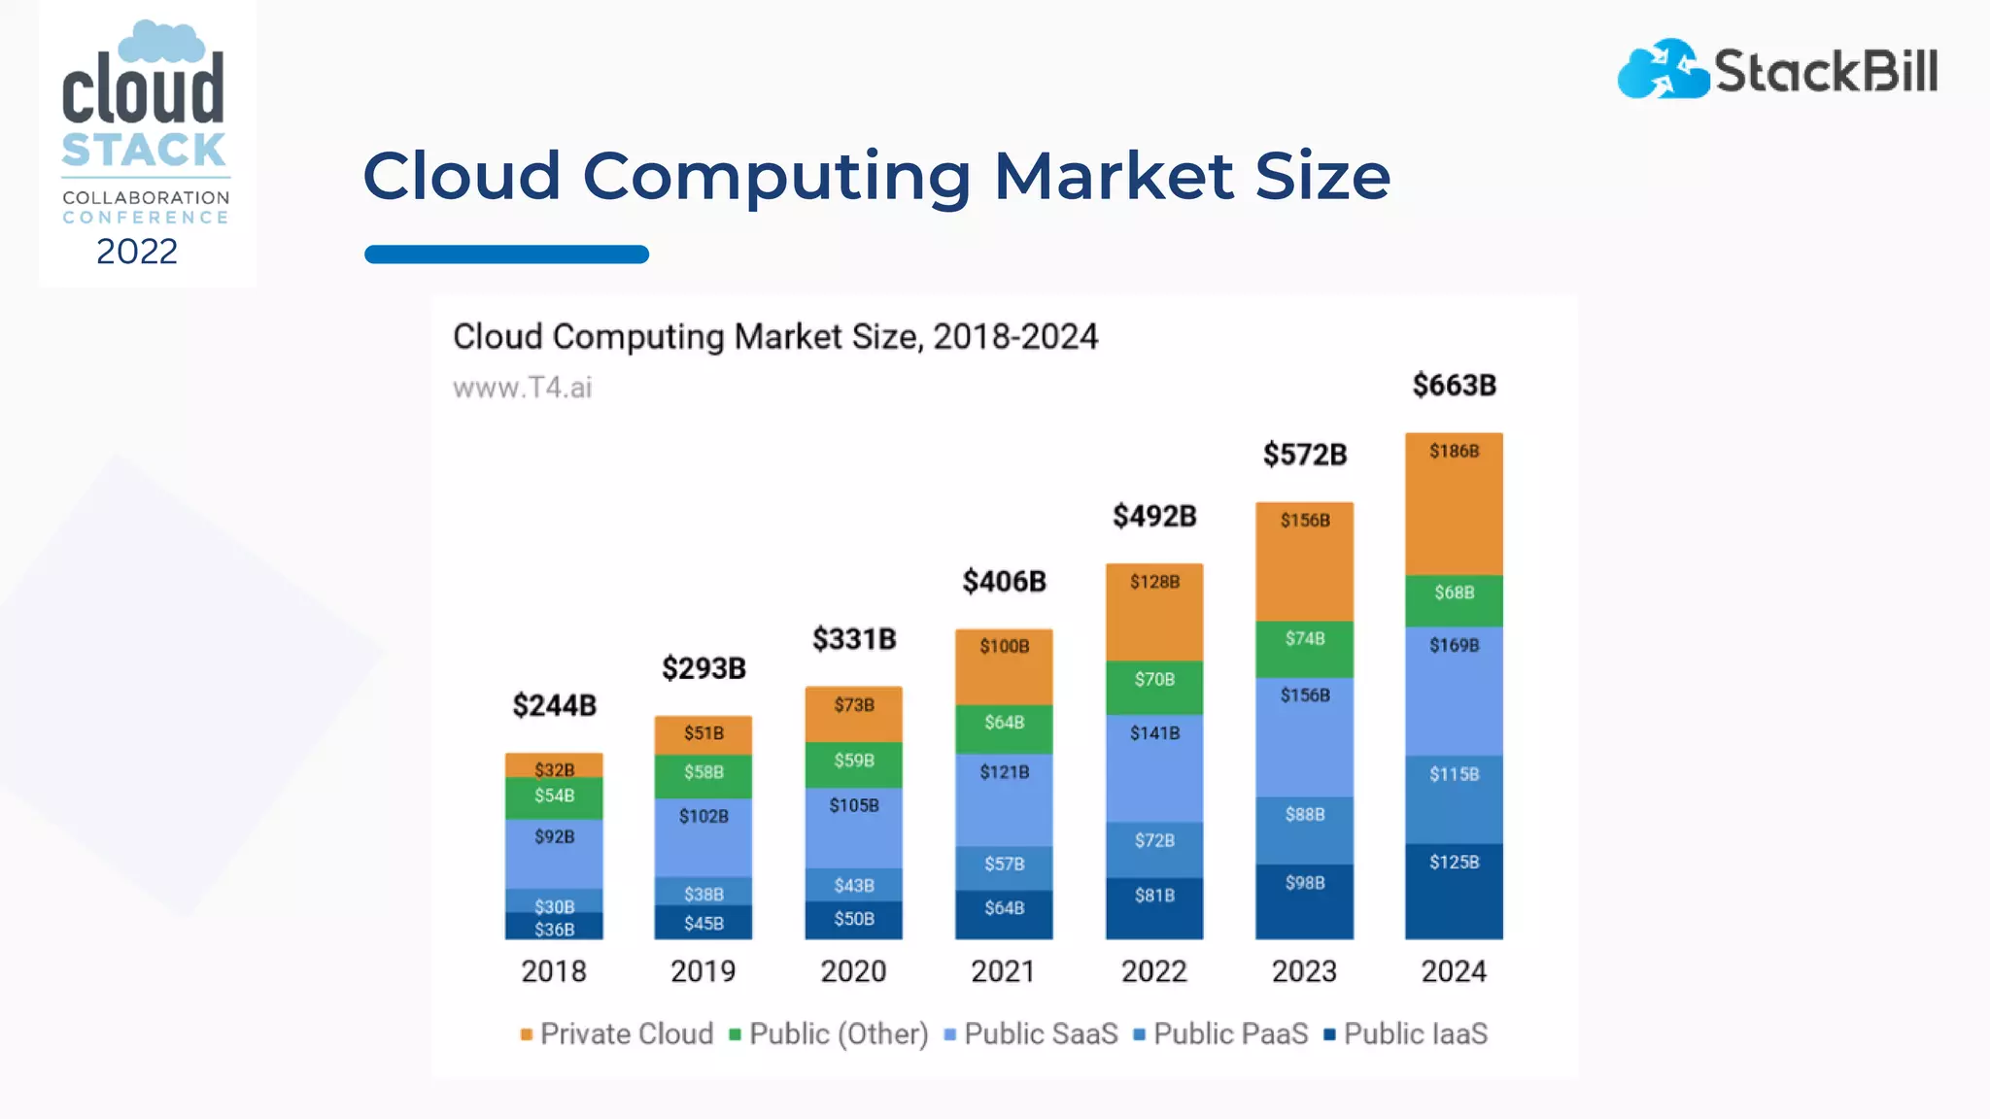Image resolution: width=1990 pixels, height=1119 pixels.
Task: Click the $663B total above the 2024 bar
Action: point(1454,386)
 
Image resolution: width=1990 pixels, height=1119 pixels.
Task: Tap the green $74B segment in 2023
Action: point(1304,649)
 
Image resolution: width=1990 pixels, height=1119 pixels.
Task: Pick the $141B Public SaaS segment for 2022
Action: point(1154,767)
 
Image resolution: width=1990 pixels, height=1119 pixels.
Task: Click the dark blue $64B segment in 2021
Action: point(1004,914)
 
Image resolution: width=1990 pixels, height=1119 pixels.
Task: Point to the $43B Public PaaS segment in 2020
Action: point(853,885)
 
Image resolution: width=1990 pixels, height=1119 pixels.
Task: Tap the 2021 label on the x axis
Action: point(1004,971)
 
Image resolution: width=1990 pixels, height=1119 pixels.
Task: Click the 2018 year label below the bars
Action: point(554,971)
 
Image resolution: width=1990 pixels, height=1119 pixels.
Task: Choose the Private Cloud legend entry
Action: point(617,1034)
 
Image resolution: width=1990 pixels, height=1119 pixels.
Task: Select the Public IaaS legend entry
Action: point(1406,1034)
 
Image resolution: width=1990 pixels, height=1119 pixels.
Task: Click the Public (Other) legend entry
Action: point(829,1034)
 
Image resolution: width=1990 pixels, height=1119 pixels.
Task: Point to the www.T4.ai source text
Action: point(523,388)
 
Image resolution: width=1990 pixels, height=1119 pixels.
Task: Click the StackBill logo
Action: point(1777,70)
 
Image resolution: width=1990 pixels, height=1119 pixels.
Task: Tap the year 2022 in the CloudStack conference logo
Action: point(137,252)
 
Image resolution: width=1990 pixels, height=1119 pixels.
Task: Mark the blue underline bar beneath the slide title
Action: point(506,254)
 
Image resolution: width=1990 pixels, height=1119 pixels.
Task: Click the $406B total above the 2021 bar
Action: point(1004,582)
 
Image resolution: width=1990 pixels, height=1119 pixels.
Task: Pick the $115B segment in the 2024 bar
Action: point(1454,799)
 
